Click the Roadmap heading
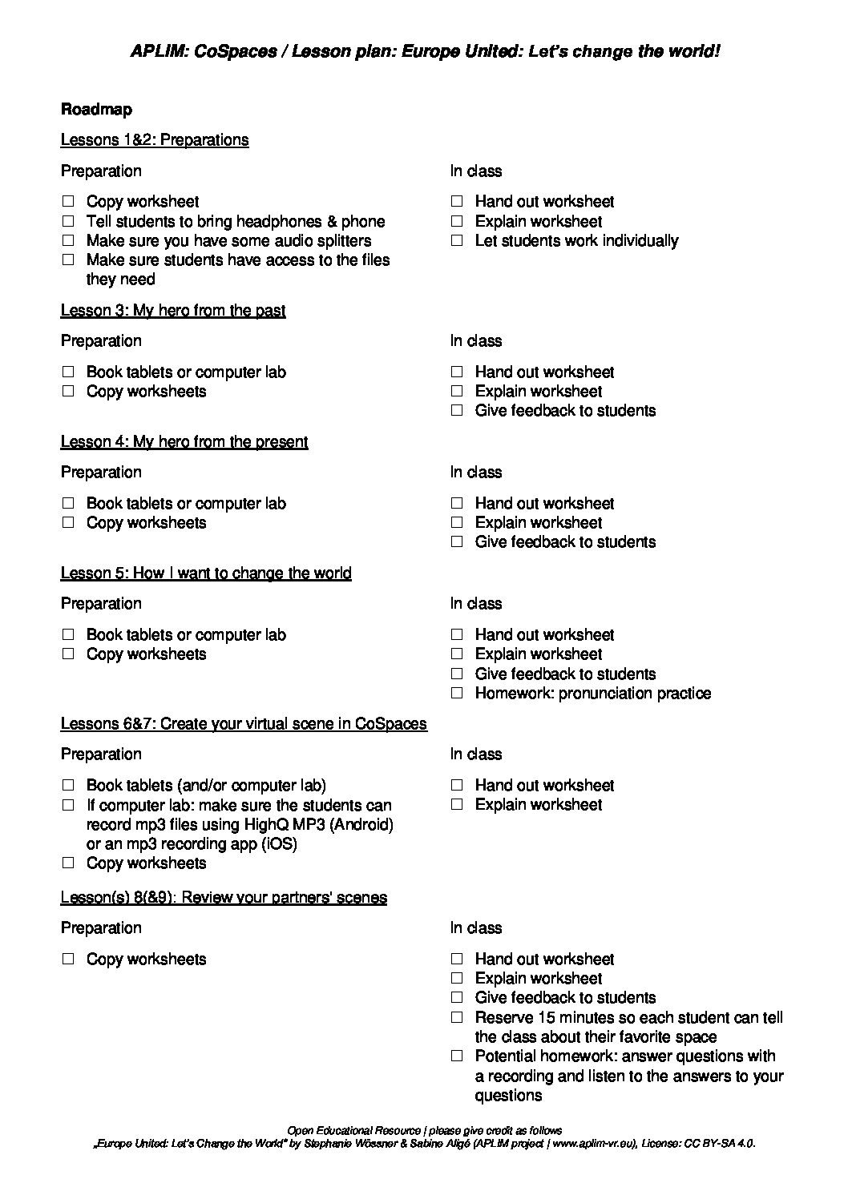point(96,110)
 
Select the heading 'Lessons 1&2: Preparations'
point(155,140)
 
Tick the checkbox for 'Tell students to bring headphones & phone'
point(68,221)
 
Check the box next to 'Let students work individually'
point(457,240)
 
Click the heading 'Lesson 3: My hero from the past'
point(173,311)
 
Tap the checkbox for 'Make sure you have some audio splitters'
point(68,240)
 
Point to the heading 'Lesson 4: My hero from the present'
point(184,442)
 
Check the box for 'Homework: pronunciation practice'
point(457,694)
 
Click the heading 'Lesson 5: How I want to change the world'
point(206,573)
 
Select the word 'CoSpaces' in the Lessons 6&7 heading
point(390,724)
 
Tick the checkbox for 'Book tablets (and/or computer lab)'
point(68,786)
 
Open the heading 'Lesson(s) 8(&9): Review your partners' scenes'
point(224,898)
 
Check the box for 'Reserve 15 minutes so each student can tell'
point(457,1018)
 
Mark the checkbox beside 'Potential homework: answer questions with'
point(457,1056)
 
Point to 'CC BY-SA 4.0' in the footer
point(718,1144)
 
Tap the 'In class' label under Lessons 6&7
point(476,754)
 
